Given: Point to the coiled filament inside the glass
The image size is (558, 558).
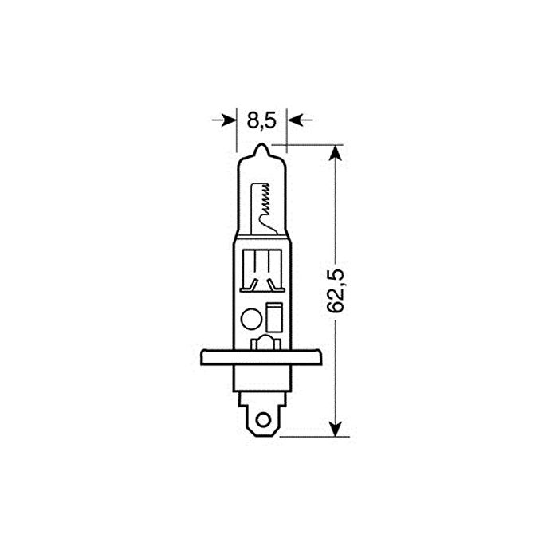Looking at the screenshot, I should click(265, 200).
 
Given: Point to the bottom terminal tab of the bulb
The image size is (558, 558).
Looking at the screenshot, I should click(262, 418).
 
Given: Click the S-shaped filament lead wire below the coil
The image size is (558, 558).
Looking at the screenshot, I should click(269, 226).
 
